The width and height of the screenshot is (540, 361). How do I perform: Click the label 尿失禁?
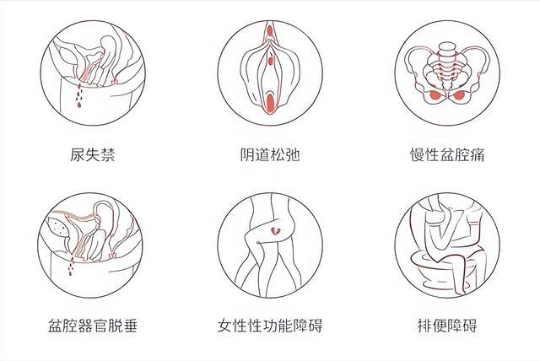point(93,155)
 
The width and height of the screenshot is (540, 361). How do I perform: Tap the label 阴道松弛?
point(270,155)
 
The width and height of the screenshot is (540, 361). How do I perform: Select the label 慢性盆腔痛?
point(447,155)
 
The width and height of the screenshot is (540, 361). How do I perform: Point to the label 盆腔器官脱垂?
point(93,326)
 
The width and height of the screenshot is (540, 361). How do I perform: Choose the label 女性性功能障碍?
point(270,326)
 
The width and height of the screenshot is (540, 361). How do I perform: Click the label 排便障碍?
point(447,326)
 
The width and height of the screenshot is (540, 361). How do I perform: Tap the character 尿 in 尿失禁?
point(78,155)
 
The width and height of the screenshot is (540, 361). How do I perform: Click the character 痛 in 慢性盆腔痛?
point(478,155)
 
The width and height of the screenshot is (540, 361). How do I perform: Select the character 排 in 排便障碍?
point(425,326)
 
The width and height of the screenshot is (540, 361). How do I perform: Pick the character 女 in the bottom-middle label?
point(225,326)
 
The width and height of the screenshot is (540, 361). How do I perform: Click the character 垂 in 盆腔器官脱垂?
point(130,326)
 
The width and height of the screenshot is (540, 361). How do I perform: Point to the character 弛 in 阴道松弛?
point(293,155)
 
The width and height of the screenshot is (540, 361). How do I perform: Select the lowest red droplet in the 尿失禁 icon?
point(79,105)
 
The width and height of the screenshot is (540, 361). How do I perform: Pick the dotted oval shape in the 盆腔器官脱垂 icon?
point(58,226)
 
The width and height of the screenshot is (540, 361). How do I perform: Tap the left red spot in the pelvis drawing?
point(435,95)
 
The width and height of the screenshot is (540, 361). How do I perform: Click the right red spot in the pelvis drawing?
point(458,95)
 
